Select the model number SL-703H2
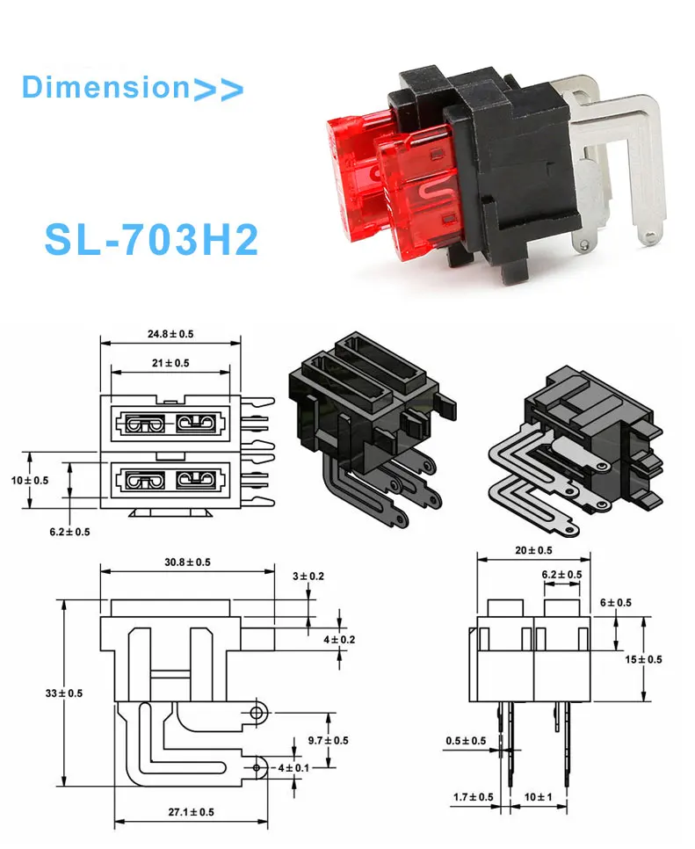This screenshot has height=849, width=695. tap(151, 238)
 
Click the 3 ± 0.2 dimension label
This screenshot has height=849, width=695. tap(308, 577)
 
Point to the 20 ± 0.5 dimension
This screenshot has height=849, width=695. tap(532, 550)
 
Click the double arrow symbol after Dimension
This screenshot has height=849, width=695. tap(217, 88)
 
